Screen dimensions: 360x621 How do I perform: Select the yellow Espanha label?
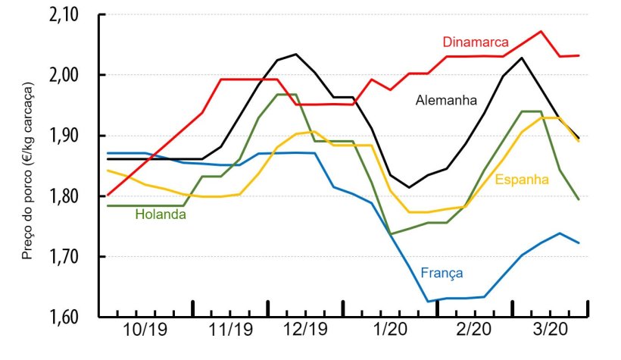coord(523,179)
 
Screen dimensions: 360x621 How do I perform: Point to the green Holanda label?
coord(161,214)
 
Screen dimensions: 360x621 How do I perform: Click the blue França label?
coord(442,273)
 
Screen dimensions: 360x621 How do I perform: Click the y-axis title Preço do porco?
coord(28,167)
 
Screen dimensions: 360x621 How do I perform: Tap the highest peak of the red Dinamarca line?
coord(540,32)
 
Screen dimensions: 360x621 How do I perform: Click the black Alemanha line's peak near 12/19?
coord(295,54)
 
